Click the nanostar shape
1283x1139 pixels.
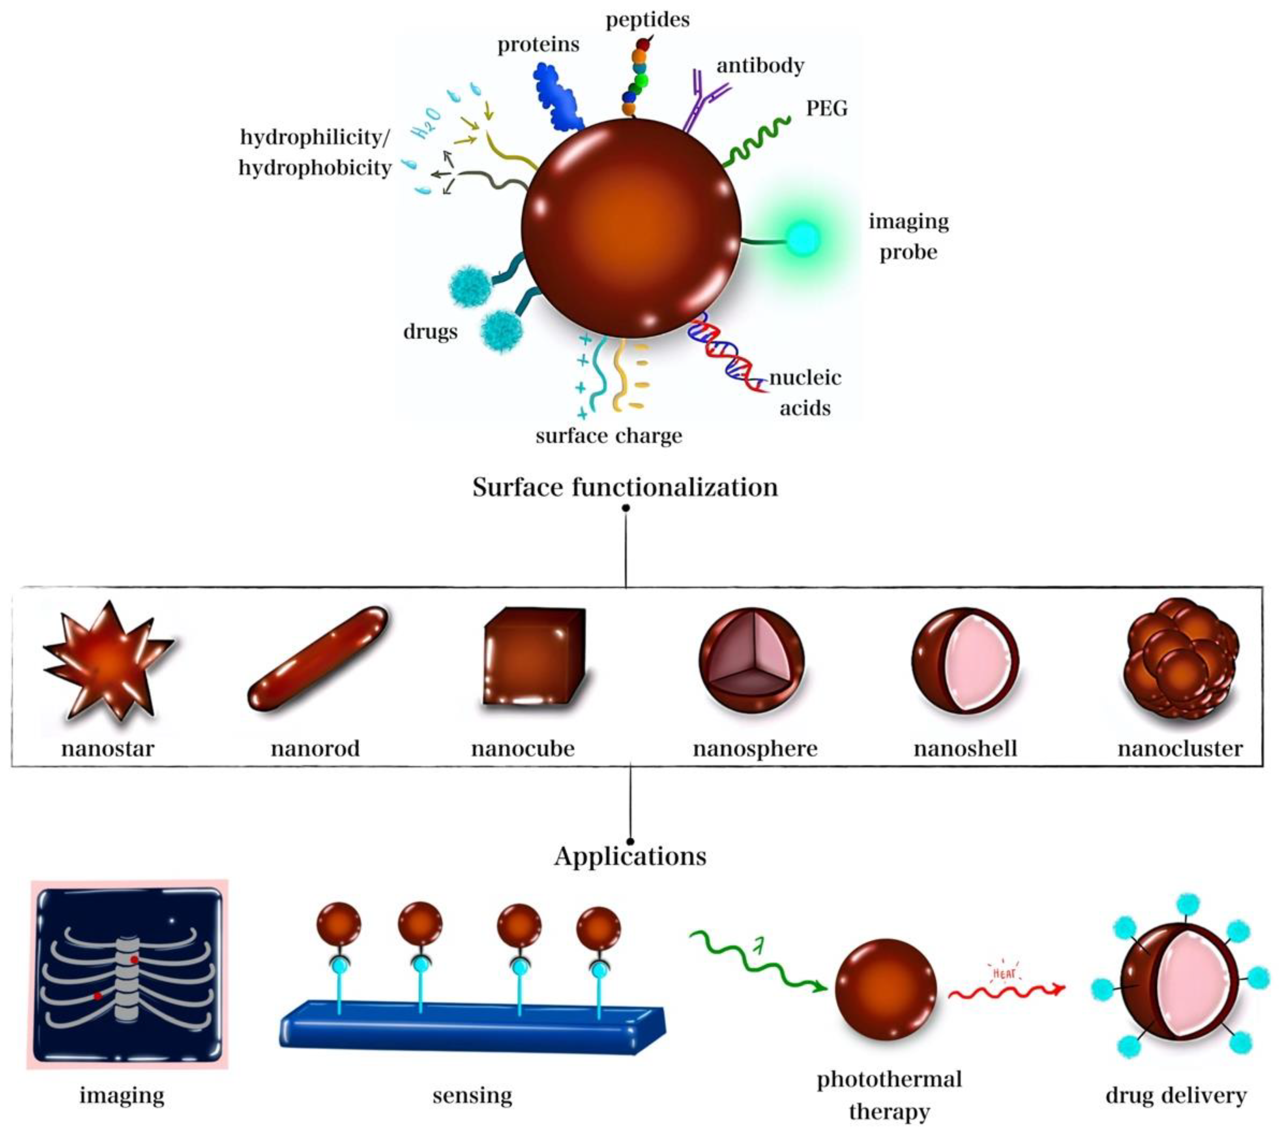click(x=108, y=662)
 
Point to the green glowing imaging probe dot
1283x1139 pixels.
click(x=803, y=239)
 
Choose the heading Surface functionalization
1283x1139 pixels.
click(x=625, y=487)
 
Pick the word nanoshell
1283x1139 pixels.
click(x=965, y=749)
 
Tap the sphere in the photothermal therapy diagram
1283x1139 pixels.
click(x=885, y=989)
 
